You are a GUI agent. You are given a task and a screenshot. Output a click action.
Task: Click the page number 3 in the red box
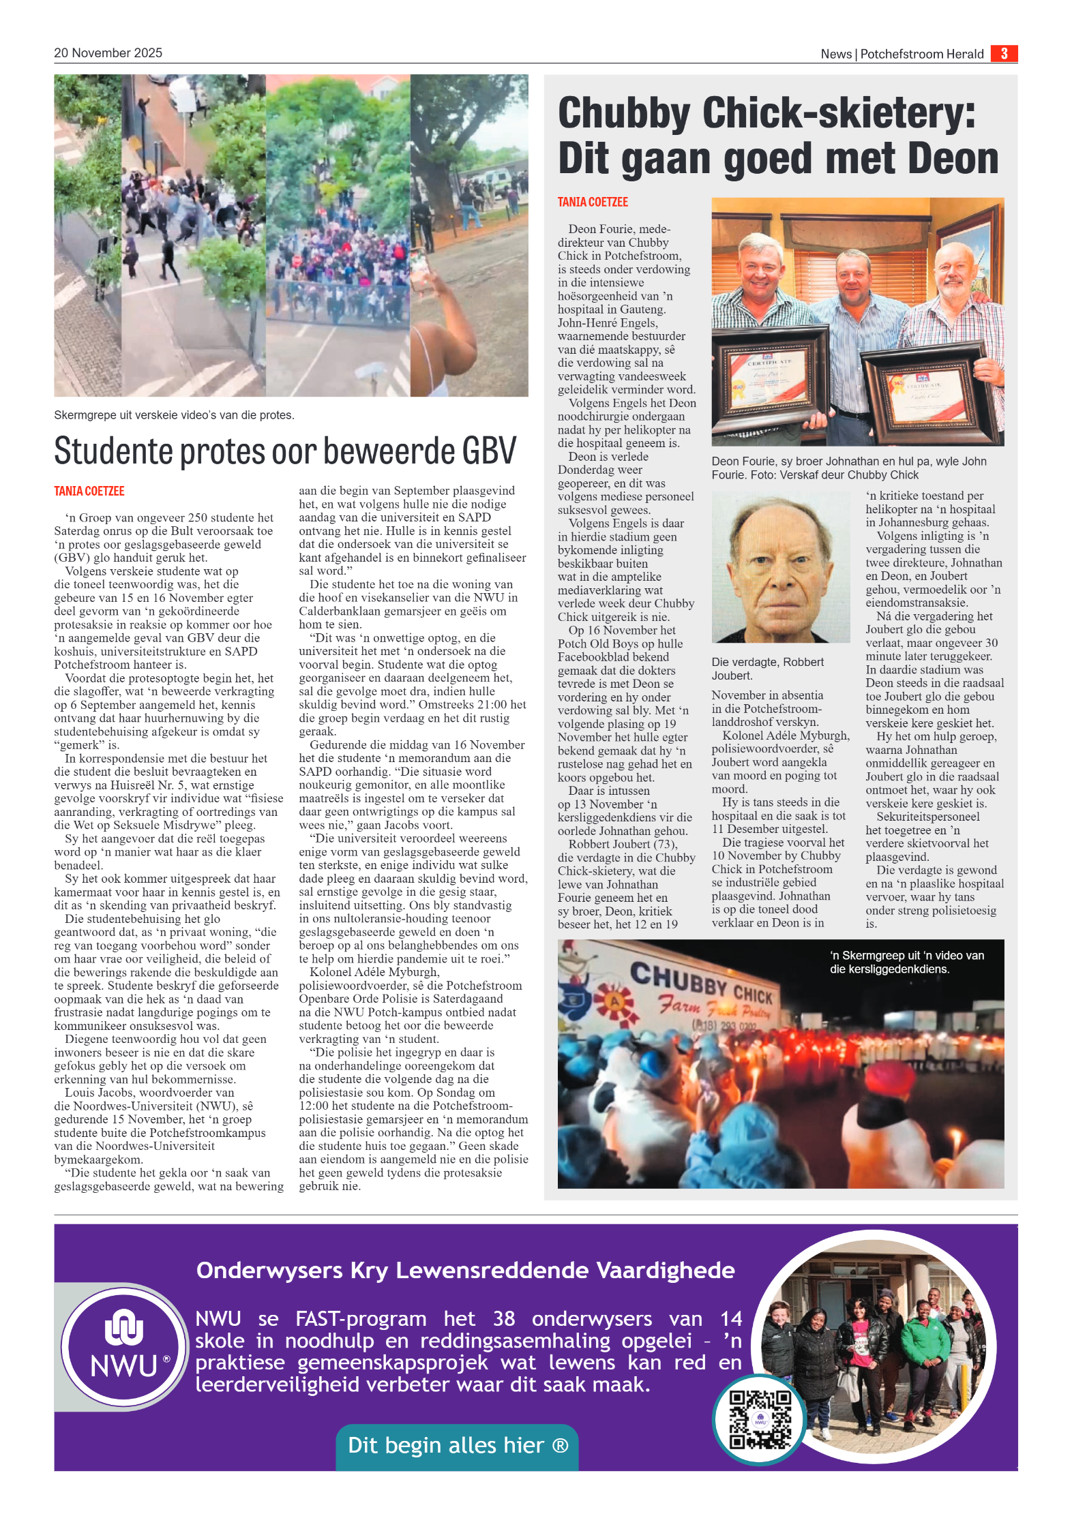[1003, 53]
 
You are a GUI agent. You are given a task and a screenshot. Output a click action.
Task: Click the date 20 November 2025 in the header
[108, 53]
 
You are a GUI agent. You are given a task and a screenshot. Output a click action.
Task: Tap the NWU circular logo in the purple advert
[124, 1347]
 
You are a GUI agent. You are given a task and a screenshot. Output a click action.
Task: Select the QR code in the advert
[760, 1420]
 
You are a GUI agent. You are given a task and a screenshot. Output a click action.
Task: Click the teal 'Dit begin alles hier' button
[457, 1445]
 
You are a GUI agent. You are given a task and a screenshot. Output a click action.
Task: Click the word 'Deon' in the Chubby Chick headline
[953, 158]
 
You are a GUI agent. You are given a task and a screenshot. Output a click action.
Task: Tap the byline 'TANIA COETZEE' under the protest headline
[89, 491]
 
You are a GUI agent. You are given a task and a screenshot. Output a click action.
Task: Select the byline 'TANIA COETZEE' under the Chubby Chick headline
[593, 202]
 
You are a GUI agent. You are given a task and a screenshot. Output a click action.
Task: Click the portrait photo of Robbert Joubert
[780, 567]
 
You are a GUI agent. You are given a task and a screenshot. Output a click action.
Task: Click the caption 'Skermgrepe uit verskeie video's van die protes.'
[174, 415]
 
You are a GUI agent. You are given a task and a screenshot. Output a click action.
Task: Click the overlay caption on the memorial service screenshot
[906, 962]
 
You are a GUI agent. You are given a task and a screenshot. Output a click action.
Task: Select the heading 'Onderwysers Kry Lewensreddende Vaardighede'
[465, 1271]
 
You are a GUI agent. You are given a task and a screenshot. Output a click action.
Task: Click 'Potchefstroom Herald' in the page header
[921, 54]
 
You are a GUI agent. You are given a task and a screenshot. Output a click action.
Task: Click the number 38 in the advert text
[504, 1319]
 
